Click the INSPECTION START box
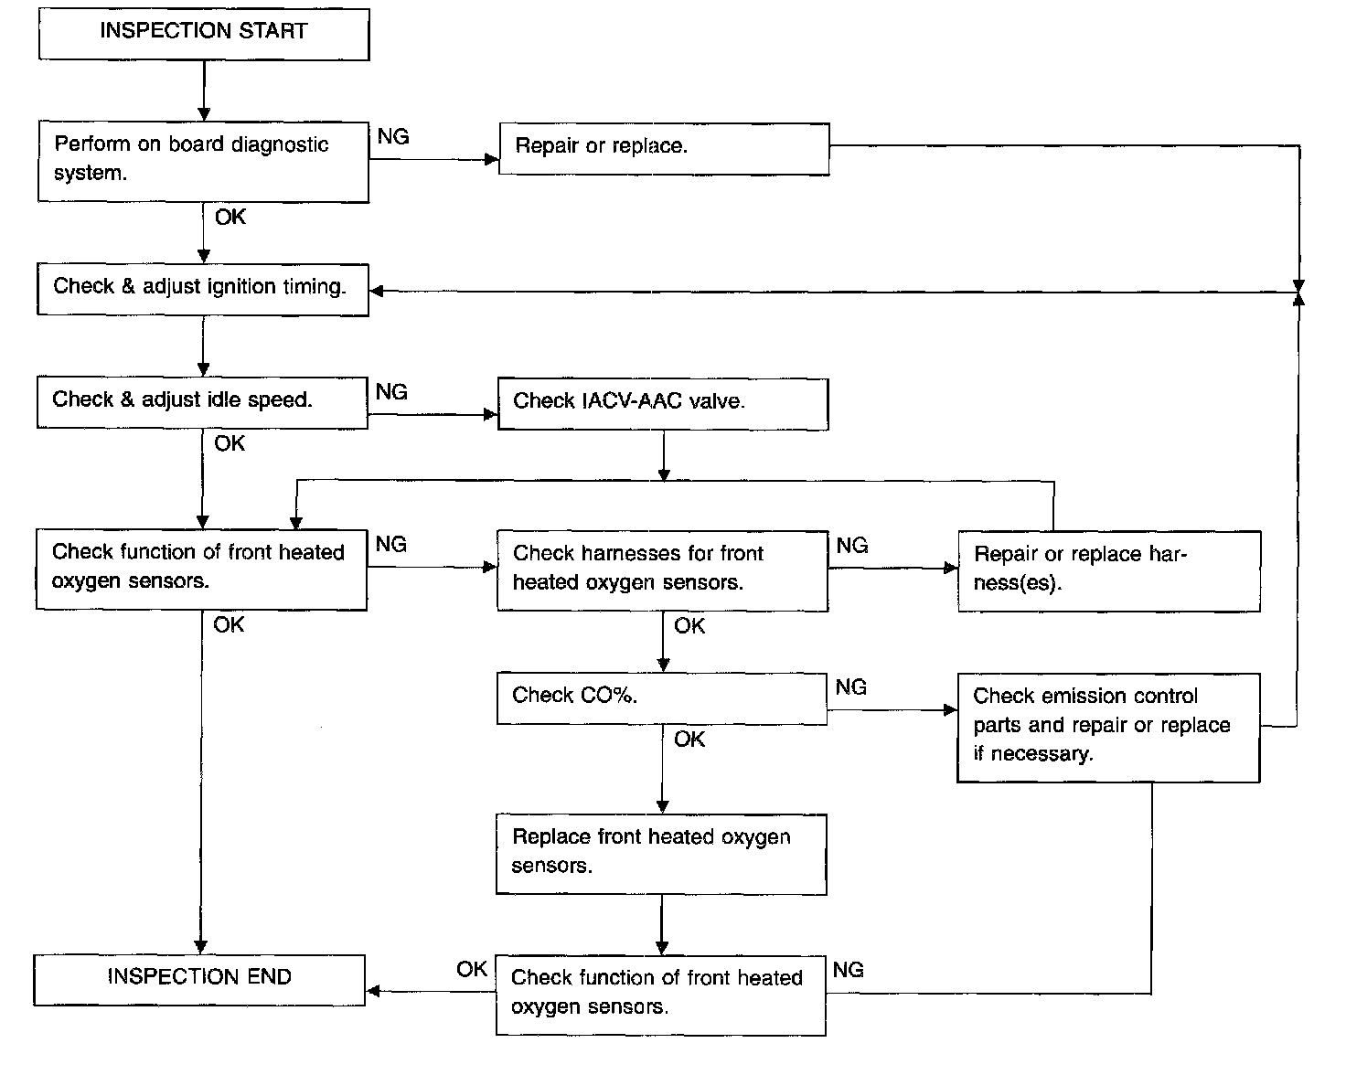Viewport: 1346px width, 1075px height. coord(204,34)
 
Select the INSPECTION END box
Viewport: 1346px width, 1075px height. coord(199,980)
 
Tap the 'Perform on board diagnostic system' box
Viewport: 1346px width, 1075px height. coord(203,162)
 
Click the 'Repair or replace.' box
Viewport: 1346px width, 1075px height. coord(664,149)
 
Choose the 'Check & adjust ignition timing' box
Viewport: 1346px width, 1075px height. coord(203,290)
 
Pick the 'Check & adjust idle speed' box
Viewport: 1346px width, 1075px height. coord(202,403)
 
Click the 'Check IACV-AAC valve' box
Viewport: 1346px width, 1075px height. coord(663,404)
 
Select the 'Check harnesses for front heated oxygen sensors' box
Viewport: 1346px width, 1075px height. coord(662,571)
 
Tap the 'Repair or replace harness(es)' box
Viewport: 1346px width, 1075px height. coord(1109,571)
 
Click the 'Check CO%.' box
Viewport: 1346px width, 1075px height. coord(662,698)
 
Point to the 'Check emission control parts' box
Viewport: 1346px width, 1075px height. coord(1108,728)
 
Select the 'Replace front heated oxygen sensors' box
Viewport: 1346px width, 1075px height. coord(661,855)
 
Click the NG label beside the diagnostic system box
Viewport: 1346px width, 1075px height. coord(393,136)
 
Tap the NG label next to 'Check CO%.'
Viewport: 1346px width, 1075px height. coord(851,687)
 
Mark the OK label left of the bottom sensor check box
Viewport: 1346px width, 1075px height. coord(472,969)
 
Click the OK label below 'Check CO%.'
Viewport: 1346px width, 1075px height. coord(689,740)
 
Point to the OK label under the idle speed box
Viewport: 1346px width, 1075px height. coord(230,443)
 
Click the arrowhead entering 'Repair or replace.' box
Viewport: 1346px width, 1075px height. coord(492,159)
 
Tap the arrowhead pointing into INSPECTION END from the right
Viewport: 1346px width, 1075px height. coord(373,991)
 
